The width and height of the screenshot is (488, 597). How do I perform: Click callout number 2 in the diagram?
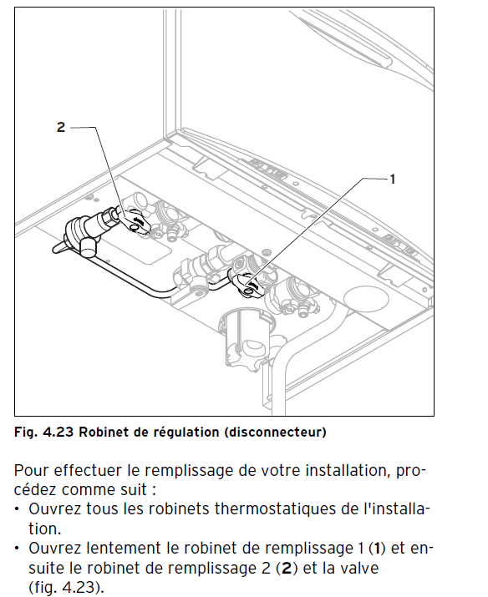(x=61, y=127)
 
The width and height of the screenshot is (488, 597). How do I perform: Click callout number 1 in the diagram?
(x=393, y=179)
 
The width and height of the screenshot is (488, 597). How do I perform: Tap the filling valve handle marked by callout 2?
(x=135, y=221)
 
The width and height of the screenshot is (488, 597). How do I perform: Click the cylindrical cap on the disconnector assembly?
(x=89, y=246)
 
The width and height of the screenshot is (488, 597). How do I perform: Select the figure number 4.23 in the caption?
(x=57, y=433)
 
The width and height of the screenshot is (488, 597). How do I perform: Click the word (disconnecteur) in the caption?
(x=276, y=433)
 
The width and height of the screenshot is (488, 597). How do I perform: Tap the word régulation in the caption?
(x=186, y=433)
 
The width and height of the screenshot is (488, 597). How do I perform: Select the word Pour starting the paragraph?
(x=31, y=470)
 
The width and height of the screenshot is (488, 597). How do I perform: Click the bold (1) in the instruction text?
(x=377, y=549)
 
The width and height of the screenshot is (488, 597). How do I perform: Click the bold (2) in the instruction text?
(x=286, y=569)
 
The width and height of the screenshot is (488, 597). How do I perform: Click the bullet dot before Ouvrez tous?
(x=18, y=509)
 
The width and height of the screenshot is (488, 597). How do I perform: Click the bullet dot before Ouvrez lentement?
(x=18, y=549)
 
